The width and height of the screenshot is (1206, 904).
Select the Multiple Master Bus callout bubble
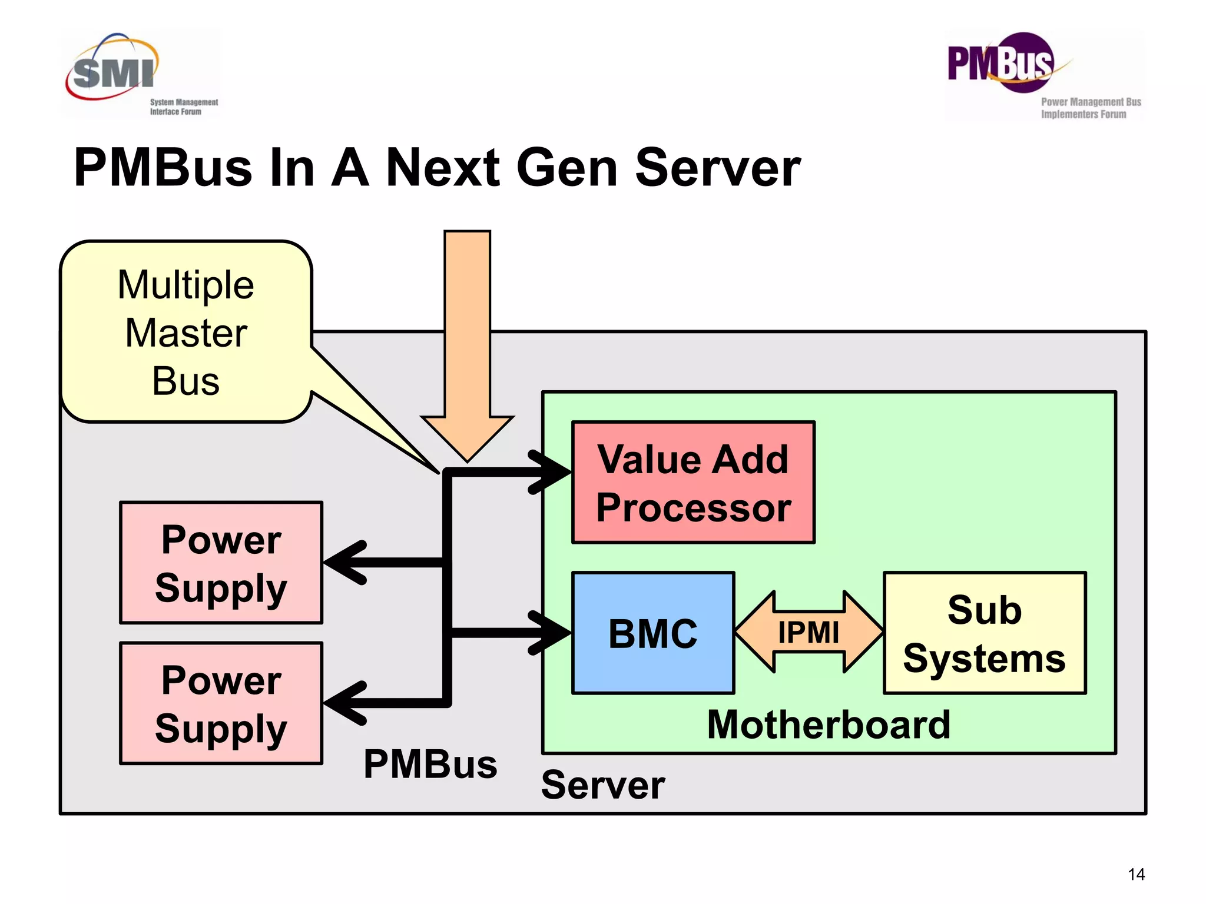[x=185, y=333]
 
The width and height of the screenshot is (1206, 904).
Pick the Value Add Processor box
[x=693, y=483]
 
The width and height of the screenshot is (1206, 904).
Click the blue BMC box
[x=652, y=633]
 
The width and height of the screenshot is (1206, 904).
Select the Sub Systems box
[x=984, y=633]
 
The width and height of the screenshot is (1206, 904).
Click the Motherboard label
[x=829, y=724]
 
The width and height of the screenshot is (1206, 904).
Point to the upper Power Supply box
[x=221, y=563]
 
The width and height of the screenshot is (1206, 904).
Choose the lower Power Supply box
[x=221, y=703]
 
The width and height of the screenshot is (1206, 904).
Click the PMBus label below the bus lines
[x=430, y=765]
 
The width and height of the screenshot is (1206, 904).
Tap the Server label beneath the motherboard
[x=602, y=785]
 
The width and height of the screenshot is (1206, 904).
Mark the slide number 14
[x=1136, y=875]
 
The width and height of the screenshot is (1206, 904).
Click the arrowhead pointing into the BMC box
[x=551, y=633]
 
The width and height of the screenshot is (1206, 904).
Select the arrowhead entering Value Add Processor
[x=551, y=472]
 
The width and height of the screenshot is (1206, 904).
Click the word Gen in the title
[x=566, y=169]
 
